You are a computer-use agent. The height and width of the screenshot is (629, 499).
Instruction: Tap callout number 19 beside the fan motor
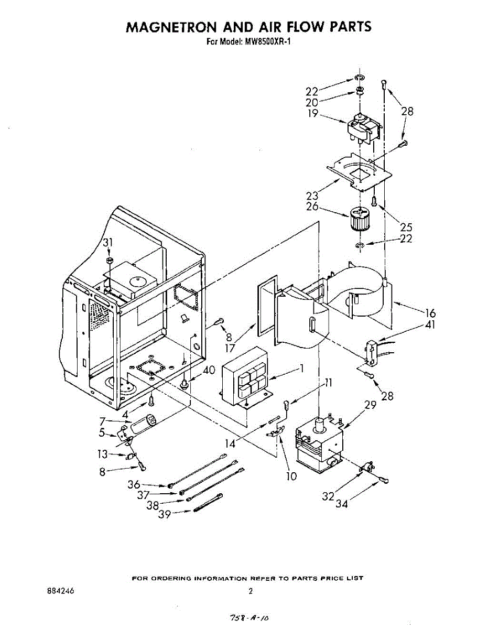(312, 113)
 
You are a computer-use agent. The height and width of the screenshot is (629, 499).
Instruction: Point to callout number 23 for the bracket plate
(312, 196)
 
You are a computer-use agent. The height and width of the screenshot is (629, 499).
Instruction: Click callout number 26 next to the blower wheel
(312, 207)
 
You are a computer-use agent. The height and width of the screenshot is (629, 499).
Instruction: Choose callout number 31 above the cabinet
(108, 242)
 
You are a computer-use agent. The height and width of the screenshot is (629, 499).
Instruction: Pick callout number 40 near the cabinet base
(209, 370)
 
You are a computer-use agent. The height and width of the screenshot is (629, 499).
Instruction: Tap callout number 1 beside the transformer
(301, 368)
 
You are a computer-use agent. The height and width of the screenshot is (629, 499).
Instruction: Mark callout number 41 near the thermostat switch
(431, 325)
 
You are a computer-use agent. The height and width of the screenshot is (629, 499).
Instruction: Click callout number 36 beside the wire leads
(134, 485)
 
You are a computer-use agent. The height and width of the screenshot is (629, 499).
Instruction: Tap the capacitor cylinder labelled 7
(144, 424)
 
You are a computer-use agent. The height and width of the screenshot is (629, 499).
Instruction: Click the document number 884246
(60, 591)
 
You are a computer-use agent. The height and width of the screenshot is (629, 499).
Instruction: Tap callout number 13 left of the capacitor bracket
(103, 454)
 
